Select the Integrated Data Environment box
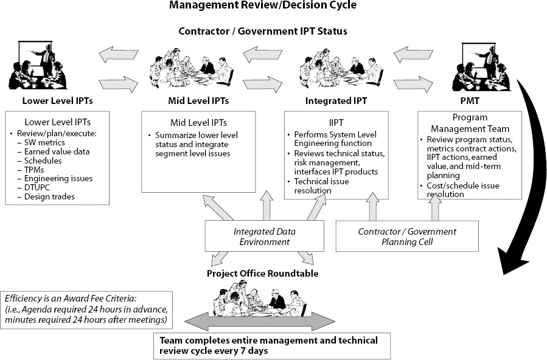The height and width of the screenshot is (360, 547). click(x=262, y=237)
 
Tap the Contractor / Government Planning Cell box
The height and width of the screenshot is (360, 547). click(x=407, y=237)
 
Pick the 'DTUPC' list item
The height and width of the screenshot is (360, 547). click(x=38, y=187)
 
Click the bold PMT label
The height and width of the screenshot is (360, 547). click(x=469, y=100)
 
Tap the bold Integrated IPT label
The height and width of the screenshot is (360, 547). click(x=336, y=100)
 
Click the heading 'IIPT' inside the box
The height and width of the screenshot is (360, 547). click(x=336, y=122)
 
